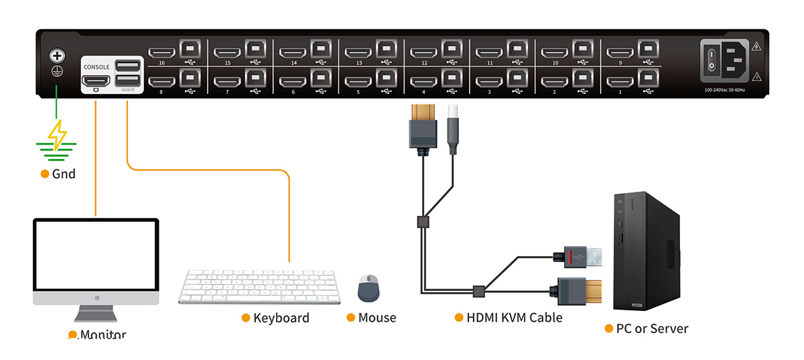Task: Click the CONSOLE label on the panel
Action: click(96, 67)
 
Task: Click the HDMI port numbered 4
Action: click(423, 82)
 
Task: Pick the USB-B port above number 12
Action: click(451, 50)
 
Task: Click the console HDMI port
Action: click(96, 81)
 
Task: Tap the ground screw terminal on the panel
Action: click(56, 58)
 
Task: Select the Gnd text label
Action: click(64, 174)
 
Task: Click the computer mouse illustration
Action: click(368, 288)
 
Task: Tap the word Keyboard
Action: click(281, 318)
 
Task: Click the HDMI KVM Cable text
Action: click(514, 318)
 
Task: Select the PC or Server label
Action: click(651, 328)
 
